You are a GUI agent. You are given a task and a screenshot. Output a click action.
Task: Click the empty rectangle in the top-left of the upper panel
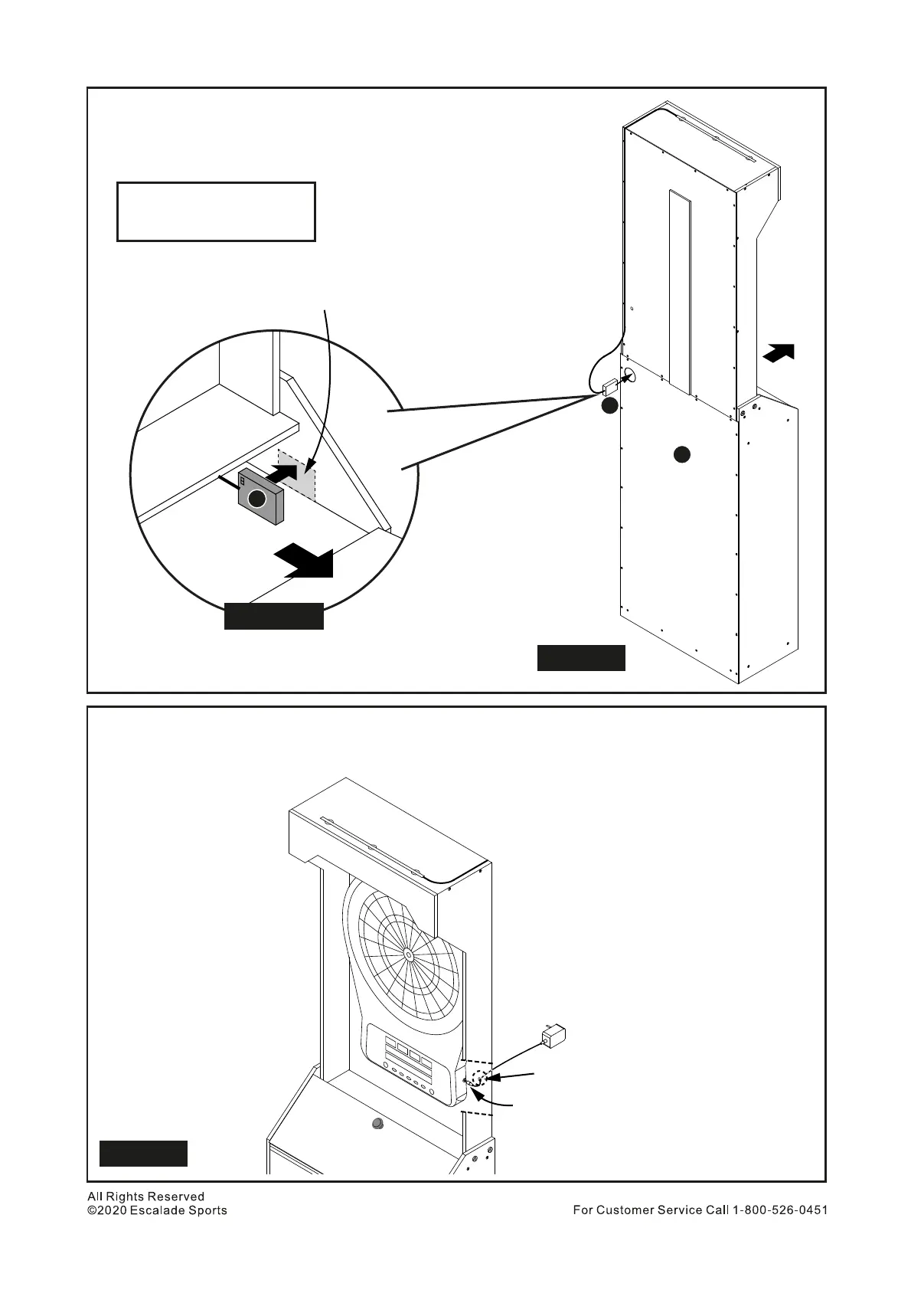pyautogui.click(x=216, y=211)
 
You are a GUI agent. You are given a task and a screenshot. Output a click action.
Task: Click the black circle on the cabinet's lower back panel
pyautogui.click(x=681, y=454)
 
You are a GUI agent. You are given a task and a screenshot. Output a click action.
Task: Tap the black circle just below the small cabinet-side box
pyautogui.click(x=609, y=406)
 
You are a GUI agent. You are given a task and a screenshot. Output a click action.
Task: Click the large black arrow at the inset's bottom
pyautogui.click(x=306, y=560)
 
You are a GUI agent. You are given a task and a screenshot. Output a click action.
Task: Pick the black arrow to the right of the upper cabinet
pyautogui.click(x=779, y=353)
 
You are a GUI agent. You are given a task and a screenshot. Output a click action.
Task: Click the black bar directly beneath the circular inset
pyautogui.click(x=273, y=617)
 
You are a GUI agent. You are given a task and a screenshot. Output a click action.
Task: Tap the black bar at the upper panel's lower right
pyautogui.click(x=581, y=658)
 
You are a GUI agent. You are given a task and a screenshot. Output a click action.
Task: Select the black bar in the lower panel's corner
pyautogui.click(x=143, y=1153)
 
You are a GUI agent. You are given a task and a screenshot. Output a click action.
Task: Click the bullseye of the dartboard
pyautogui.click(x=408, y=954)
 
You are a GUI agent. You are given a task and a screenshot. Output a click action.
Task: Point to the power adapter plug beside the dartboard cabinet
pyautogui.click(x=553, y=1036)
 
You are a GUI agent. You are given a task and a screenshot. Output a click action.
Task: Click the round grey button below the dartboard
pyautogui.click(x=377, y=1124)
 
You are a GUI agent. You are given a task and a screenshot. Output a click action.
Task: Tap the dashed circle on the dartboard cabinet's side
pyautogui.click(x=478, y=1079)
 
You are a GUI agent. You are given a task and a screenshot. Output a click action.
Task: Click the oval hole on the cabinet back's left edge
pyautogui.click(x=629, y=375)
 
